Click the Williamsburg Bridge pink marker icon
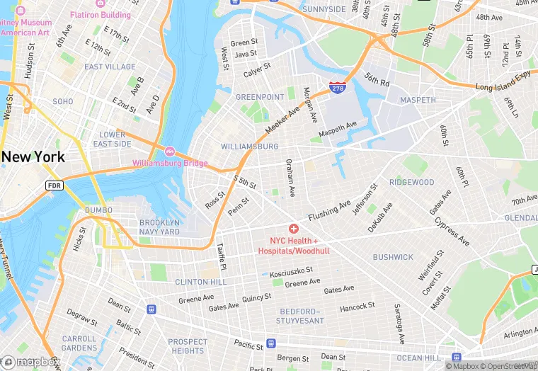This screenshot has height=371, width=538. pyautogui.click(x=170, y=152)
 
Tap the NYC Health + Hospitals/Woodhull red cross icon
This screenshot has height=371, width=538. pyautogui.click(x=293, y=229)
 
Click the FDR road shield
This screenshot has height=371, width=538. pyautogui.click(x=55, y=185)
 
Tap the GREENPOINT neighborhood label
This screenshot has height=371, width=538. pyautogui.click(x=260, y=97)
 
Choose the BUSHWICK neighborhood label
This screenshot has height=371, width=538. pyautogui.click(x=393, y=257)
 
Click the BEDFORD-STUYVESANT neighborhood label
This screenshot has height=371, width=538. pyautogui.click(x=300, y=316)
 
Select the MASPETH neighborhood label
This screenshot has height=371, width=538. pyautogui.click(x=418, y=100)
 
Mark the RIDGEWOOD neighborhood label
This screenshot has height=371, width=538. pyautogui.click(x=411, y=182)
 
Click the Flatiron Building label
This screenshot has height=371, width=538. pyautogui.click(x=100, y=15)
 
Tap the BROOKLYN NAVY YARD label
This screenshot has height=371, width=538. pyautogui.click(x=160, y=227)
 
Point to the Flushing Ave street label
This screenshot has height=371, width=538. pyautogui.click(x=329, y=210)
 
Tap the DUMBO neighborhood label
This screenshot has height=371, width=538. pyautogui.click(x=98, y=210)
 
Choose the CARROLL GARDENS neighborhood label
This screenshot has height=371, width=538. pyautogui.click(x=79, y=343)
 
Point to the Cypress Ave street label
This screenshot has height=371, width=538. pyautogui.click(x=452, y=231)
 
